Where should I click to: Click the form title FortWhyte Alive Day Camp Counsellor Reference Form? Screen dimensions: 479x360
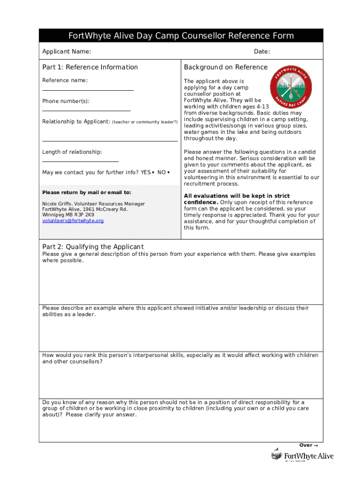pos(181,36)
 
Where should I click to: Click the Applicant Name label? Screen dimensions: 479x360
pos(66,51)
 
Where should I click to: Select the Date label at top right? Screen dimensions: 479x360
pos(262,51)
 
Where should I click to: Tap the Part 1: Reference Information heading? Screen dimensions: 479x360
pos(90,67)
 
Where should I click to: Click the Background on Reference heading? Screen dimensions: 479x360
pos(226,67)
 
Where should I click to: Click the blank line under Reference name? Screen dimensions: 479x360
pos(88,90)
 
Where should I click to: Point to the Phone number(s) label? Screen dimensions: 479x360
pos(65,101)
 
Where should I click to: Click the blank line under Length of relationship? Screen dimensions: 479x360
pos(80,161)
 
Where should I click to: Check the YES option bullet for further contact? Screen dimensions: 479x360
pos(153,173)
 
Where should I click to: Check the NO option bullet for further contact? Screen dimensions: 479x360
pos(168,173)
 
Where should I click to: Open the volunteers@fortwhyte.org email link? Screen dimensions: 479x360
pos(73,221)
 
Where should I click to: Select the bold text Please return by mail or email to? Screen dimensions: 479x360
pos(86,192)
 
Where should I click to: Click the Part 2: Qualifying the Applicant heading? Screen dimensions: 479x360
pos(93,247)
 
